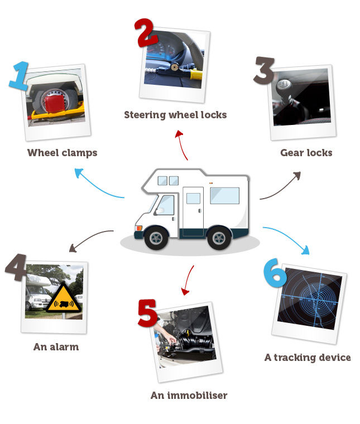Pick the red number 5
[147, 314]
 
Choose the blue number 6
[275, 273]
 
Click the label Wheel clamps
[62, 153]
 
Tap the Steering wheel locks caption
[175, 115]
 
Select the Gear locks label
[306, 152]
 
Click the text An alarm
[56, 346]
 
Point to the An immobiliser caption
[189, 396]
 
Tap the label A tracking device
[308, 358]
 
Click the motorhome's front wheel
[156, 237]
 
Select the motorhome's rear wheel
[219, 237]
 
